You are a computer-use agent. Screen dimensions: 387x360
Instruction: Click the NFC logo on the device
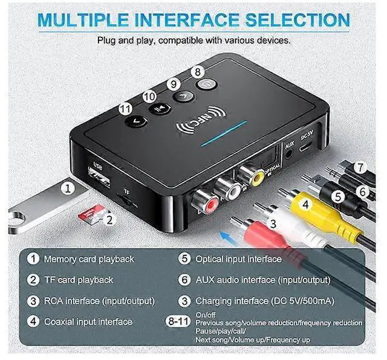point(197,121)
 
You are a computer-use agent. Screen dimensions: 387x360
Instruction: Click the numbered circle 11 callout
point(125,109)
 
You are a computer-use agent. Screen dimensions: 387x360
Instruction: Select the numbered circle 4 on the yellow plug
point(306,205)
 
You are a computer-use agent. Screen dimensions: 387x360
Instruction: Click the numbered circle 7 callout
point(361,166)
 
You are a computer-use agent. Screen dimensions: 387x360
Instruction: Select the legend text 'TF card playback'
point(79,280)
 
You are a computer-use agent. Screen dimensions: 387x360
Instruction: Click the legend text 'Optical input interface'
point(238,259)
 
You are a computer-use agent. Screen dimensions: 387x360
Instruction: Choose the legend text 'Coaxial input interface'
point(88,321)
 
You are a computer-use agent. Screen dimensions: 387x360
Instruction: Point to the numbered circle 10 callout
point(149,96)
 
